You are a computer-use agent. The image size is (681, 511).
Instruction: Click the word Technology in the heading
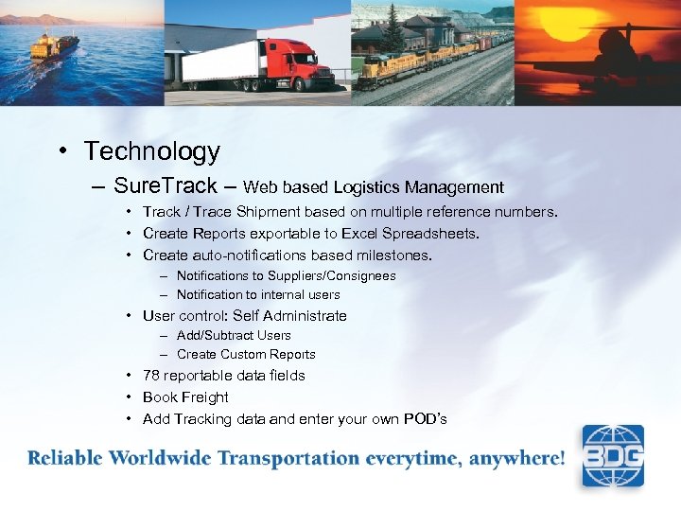(x=151, y=151)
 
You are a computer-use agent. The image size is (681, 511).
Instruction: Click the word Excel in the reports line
(x=358, y=233)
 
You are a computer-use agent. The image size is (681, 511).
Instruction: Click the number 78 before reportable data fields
(x=150, y=376)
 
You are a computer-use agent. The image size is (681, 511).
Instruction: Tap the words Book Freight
(x=185, y=397)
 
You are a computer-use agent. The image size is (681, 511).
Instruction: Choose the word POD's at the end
(x=425, y=419)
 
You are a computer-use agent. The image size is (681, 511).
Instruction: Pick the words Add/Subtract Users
(x=234, y=335)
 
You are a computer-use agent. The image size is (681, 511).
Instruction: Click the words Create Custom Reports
(x=246, y=354)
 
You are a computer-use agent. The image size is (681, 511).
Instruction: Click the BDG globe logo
(x=612, y=455)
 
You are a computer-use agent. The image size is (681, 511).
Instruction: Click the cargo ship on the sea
(x=54, y=45)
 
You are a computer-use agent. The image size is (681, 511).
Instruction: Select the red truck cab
(x=288, y=66)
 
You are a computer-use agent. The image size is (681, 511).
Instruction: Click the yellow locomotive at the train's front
(x=383, y=66)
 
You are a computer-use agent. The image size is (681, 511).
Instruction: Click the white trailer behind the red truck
(x=217, y=62)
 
